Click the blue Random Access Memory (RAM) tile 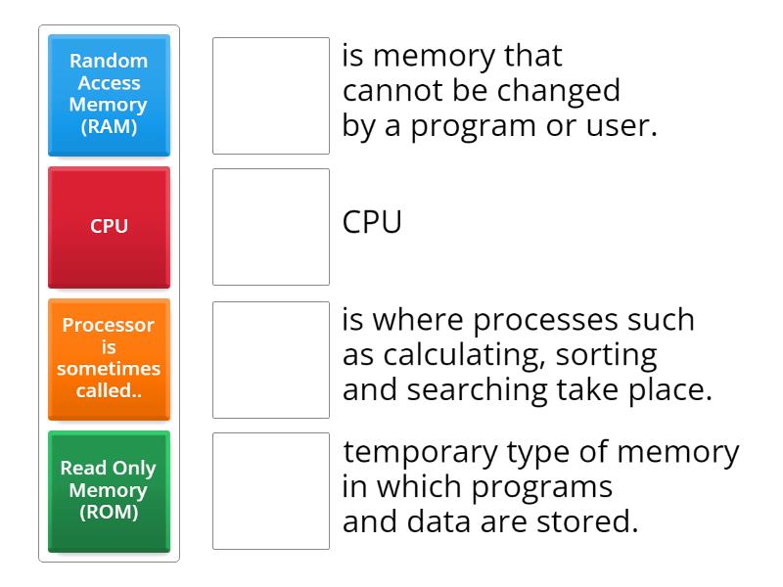tap(109, 95)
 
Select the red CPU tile tap(109, 226)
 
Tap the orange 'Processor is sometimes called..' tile tap(109, 358)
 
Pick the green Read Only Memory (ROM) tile tap(109, 490)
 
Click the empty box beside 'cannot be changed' tap(271, 96)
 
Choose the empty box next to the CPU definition tap(271, 227)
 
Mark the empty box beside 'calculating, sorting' tap(271, 359)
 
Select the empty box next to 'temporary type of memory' tap(271, 491)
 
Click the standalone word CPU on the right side tap(372, 223)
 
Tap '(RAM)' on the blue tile tap(109, 126)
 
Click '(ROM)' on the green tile tap(109, 512)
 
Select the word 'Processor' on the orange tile tap(109, 325)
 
